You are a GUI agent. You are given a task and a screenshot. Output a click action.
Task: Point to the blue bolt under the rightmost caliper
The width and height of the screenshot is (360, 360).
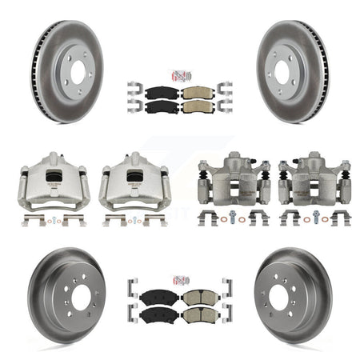(316, 214)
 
